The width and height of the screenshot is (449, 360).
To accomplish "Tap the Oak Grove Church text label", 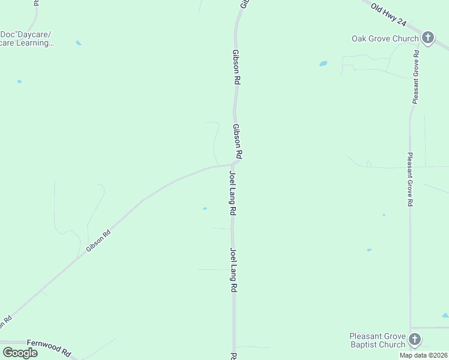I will click(385, 39).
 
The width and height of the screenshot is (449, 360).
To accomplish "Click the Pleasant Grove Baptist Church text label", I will click(378, 340).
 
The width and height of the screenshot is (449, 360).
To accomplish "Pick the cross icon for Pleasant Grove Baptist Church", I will click(414, 340).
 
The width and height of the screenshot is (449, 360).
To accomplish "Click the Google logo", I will click(20, 352).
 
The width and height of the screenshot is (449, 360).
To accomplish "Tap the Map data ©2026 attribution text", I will click(424, 355).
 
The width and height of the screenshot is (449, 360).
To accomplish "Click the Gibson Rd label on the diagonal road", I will click(98, 241).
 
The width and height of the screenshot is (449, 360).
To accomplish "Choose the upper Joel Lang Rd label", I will click(232, 193).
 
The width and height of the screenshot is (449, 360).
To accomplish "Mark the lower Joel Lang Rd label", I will click(233, 270).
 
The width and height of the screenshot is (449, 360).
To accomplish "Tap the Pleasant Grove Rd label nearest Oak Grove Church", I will click(415, 77).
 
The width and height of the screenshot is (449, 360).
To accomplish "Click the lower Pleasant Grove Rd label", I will click(410, 179).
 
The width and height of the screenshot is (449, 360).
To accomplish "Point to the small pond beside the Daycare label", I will click(79, 43).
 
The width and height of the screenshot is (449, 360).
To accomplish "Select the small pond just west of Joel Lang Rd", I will click(205, 209).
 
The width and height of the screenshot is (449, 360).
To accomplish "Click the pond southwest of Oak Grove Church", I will click(324, 63).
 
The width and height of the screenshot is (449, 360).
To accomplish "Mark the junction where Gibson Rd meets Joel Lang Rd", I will click(232, 164).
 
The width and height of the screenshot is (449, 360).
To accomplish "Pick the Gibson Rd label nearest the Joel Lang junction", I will click(238, 142).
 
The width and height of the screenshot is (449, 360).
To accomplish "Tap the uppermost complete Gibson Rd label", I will click(237, 66).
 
